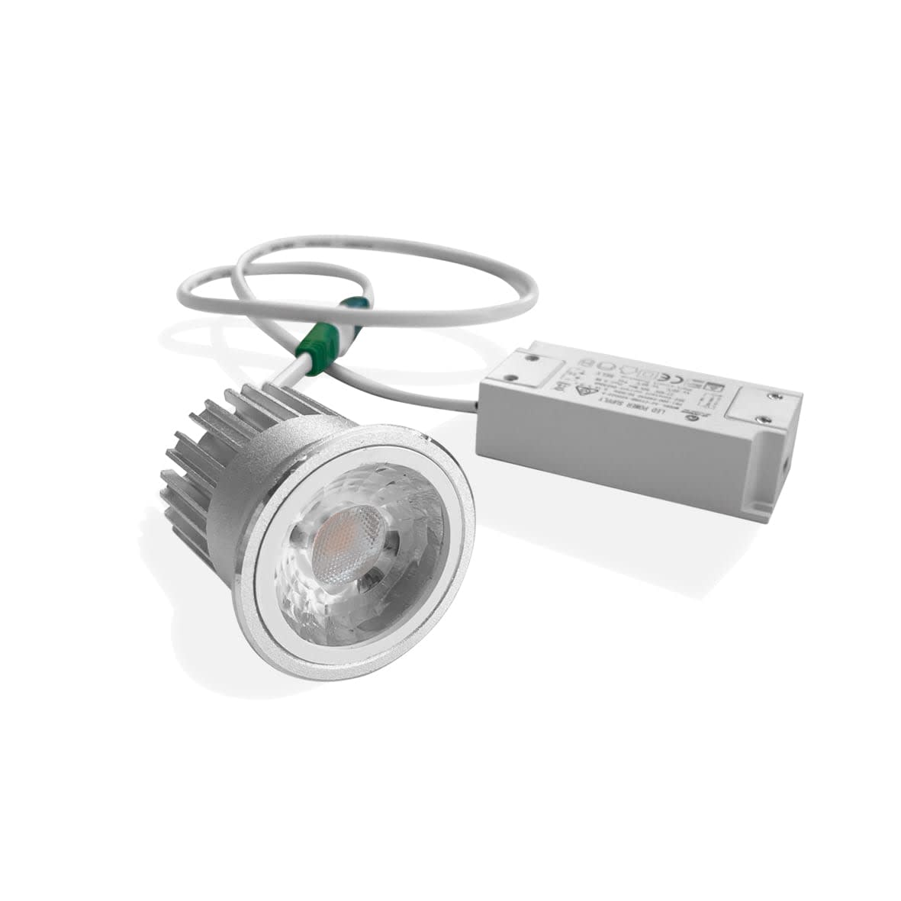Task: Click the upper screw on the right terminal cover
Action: (x=776, y=395)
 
